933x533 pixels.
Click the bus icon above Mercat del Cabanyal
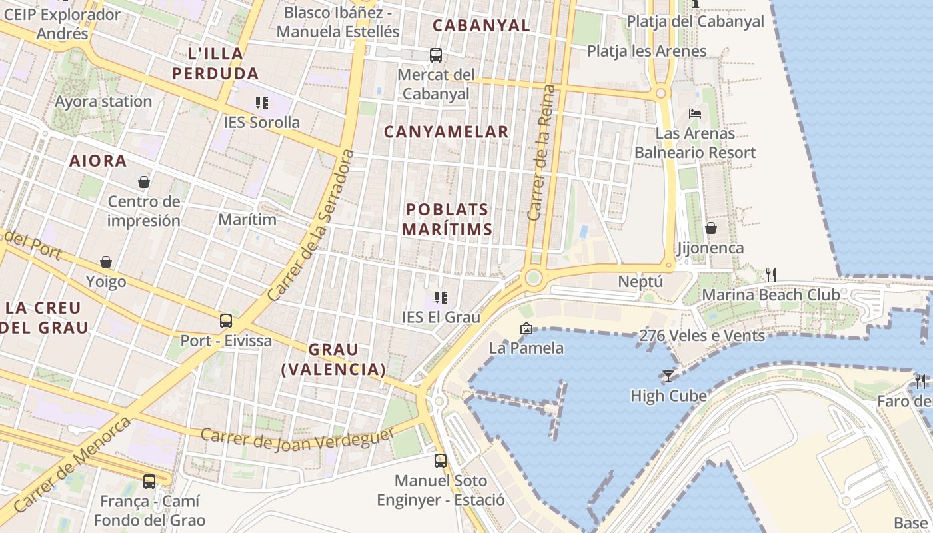(436, 55)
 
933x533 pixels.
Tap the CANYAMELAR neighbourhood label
(446, 132)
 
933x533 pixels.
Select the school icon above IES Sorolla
(262, 103)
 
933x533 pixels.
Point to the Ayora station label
(103, 102)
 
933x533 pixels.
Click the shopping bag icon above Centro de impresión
(143, 182)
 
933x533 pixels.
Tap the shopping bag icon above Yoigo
(106, 262)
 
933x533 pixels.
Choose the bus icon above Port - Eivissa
(226, 321)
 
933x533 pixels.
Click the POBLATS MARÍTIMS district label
(449, 219)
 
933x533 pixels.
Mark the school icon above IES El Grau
(441, 297)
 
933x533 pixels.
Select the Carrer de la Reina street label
(540, 153)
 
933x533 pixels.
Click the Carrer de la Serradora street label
(310, 225)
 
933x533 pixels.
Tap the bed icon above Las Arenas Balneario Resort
(695, 114)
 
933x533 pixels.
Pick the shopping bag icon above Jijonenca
(711, 228)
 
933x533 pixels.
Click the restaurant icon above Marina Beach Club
(771, 274)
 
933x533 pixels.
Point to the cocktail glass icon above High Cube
(668, 376)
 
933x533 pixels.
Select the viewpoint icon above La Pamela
(526, 328)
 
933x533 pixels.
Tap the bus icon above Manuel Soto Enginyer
(441, 460)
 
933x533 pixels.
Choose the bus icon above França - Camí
(149, 481)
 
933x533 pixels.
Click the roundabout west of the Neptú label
(533, 278)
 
